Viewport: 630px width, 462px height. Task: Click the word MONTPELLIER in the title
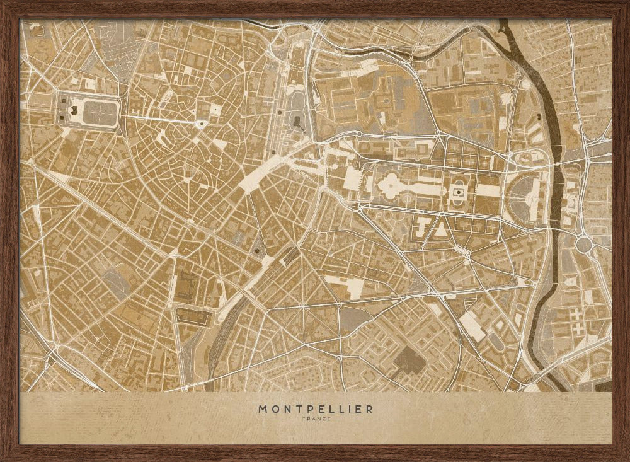[x=315, y=408]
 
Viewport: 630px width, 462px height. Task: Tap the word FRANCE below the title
[x=315, y=419]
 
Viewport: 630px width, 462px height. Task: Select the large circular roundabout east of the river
[x=583, y=243]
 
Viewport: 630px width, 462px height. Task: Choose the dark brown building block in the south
[x=409, y=361]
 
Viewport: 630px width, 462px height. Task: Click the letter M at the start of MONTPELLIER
[x=261, y=408]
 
